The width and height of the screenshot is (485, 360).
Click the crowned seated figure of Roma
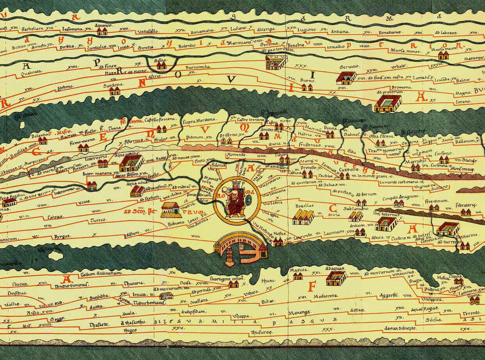coord(235,199)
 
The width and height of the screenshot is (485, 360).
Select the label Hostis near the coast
coord(280,233)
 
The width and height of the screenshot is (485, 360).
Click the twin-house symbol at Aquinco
coord(102,31)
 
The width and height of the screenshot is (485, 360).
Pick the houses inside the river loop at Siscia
coord(161,65)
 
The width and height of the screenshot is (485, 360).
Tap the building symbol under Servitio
coord(346,78)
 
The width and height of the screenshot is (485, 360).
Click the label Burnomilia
coord(198,67)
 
